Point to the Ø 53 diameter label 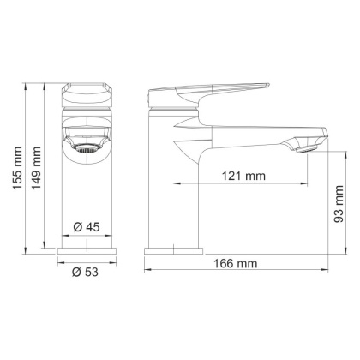88,272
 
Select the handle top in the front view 88,89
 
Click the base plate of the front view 88,250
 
